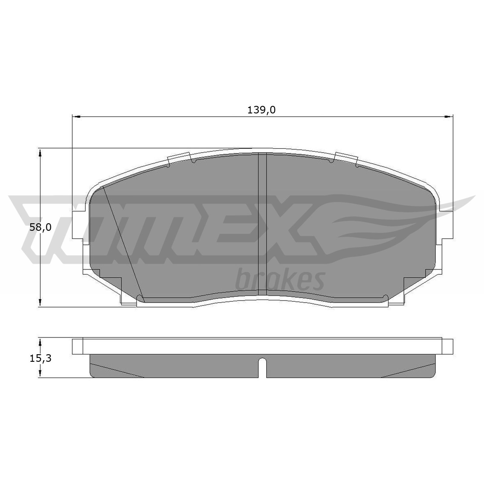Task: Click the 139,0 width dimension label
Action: [x=261, y=110]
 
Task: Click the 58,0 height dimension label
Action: [x=40, y=227]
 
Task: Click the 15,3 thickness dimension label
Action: [x=40, y=358]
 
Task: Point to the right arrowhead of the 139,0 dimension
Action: [x=449, y=116]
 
